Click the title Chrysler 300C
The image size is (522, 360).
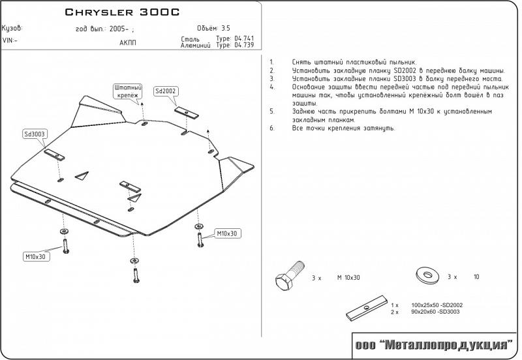122,12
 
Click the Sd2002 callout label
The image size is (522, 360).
166,91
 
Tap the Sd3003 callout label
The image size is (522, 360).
34,134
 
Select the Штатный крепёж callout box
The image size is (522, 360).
128,91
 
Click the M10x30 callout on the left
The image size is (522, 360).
36,256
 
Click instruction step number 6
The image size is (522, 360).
271,128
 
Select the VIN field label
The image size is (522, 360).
10,40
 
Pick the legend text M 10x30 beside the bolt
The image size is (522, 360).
348,278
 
